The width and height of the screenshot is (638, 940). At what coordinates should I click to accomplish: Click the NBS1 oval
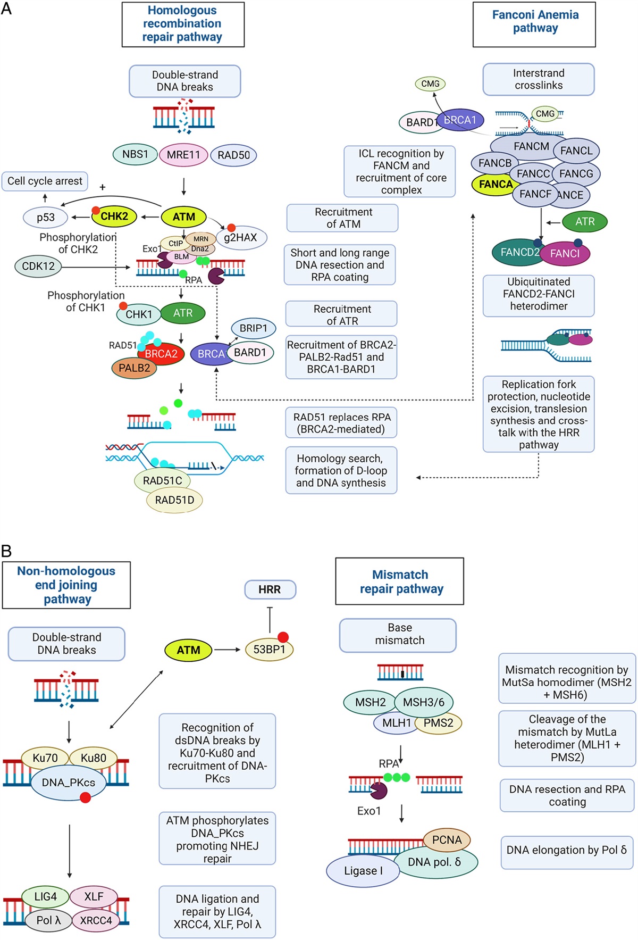(135, 154)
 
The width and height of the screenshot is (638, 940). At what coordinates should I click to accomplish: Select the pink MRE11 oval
(183, 155)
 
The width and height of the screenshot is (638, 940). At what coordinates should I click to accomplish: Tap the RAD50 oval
(233, 155)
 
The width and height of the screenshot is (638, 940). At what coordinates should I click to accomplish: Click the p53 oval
(46, 217)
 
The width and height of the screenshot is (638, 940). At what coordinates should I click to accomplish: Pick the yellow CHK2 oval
(114, 217)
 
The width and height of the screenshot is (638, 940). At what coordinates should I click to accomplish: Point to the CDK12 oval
(38, 266)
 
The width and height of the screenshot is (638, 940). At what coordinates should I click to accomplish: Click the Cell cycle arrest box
(45, 181)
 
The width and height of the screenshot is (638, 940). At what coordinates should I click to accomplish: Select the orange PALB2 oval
(134, 368)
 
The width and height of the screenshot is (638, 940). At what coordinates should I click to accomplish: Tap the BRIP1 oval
(254, 328)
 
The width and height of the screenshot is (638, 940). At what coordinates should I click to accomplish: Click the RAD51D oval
(174, 500)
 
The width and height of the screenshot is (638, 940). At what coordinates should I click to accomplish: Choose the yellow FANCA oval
(495, 185)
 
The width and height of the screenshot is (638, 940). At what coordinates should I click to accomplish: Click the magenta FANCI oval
(565, 254)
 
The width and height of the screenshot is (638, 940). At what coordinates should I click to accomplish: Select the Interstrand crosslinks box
(539, 79)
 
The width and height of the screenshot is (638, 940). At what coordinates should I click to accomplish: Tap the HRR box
(270, 589)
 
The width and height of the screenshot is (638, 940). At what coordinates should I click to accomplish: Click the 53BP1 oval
(269, 650)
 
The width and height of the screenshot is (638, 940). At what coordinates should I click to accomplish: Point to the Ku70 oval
(45, 758)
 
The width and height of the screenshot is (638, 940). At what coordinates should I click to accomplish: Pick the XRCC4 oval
(96, 920)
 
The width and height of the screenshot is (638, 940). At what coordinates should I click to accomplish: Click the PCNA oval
(447, 839)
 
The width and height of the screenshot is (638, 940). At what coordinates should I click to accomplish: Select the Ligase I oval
(363, 871)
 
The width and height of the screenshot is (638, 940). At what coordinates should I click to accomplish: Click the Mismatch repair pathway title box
(400, 581)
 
